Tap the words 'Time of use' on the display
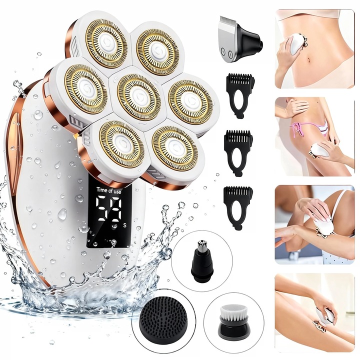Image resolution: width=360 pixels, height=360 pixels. (x=108, y=190)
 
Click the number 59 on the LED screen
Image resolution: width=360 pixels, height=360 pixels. (x=109, y=209)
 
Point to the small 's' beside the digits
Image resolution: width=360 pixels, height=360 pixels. (x=124, y=225)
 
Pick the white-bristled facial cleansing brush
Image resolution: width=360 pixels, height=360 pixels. (x=233, y=321)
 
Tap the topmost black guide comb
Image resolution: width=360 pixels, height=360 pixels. (x=239, y=95)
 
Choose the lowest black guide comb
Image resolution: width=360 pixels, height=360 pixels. (x=238, y=208)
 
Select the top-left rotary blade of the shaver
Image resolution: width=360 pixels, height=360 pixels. (x=106, y=43)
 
